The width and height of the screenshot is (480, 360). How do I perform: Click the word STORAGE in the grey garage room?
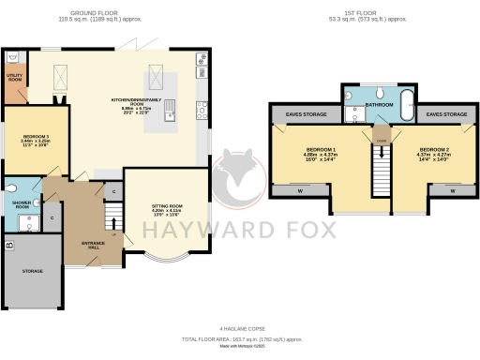click(33, 271)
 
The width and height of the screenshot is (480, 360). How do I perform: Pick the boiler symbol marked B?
click(9, 246)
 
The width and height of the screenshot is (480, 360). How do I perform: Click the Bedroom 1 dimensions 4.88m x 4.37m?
click(322, 154)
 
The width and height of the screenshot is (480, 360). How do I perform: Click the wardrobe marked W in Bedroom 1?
click(299, 190)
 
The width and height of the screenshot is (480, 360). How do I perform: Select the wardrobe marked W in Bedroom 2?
click(453, 190)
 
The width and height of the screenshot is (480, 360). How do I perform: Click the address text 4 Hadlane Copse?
click(239, 327)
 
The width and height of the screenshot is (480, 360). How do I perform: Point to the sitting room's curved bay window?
click(168, 258)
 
